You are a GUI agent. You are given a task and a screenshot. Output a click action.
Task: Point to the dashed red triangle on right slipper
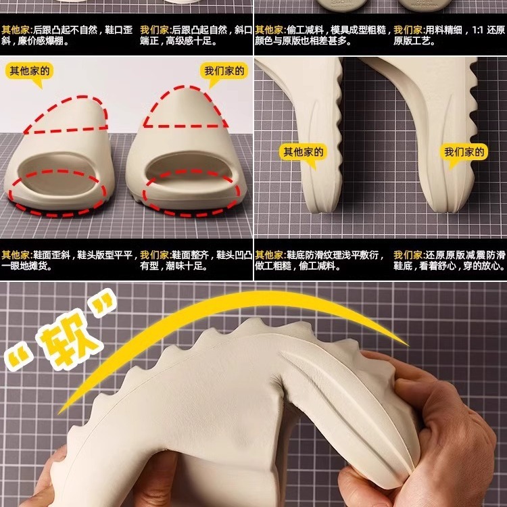[x=185, y=107]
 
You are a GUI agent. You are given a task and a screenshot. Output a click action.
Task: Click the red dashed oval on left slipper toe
[x=57, y=193]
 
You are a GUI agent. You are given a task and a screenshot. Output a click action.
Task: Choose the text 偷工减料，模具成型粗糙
[x=336, y=30]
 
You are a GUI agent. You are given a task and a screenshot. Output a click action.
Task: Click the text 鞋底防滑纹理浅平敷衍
[x=333, y=255]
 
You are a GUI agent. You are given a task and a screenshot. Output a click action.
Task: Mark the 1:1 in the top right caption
[x=477, y=30]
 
